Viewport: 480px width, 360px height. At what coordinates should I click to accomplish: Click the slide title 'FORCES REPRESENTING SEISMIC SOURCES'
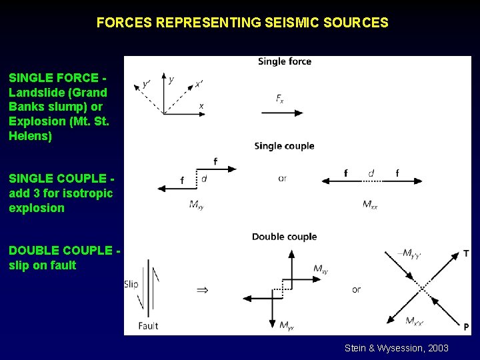click(x=242, y=23)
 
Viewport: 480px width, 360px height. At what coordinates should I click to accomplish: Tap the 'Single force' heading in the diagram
click(x=285, y=61)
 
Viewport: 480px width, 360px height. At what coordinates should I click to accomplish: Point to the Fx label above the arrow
click(x=280, y=99)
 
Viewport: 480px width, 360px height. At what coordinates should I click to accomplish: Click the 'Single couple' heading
click(x=284, y=146)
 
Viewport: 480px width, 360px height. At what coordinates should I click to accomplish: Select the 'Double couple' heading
click(x=284, y=237)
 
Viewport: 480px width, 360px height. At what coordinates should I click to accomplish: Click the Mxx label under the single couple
click(x=370, y=204)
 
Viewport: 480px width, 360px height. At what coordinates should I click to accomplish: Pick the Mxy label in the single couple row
click(x=196, y=204)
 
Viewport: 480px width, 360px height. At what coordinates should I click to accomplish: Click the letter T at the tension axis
click(x=466, y=254)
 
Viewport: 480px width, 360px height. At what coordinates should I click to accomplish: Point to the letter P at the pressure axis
click(x=466, y=326)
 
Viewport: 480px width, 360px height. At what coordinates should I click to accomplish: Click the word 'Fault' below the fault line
click(x=148, y=326)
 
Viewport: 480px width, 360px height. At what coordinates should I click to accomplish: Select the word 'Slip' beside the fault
click(x=131, y=284)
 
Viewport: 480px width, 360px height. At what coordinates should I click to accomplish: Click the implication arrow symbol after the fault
click(x=202, y=290)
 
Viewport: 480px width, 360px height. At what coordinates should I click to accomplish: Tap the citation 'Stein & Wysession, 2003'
click(x=396, y=348)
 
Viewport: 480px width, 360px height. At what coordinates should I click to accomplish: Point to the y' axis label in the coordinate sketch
click(x=147, y=84)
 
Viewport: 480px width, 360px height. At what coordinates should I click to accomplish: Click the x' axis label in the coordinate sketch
click(x=199, y=84)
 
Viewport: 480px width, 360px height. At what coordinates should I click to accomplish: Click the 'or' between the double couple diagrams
click(x=357, y=289)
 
